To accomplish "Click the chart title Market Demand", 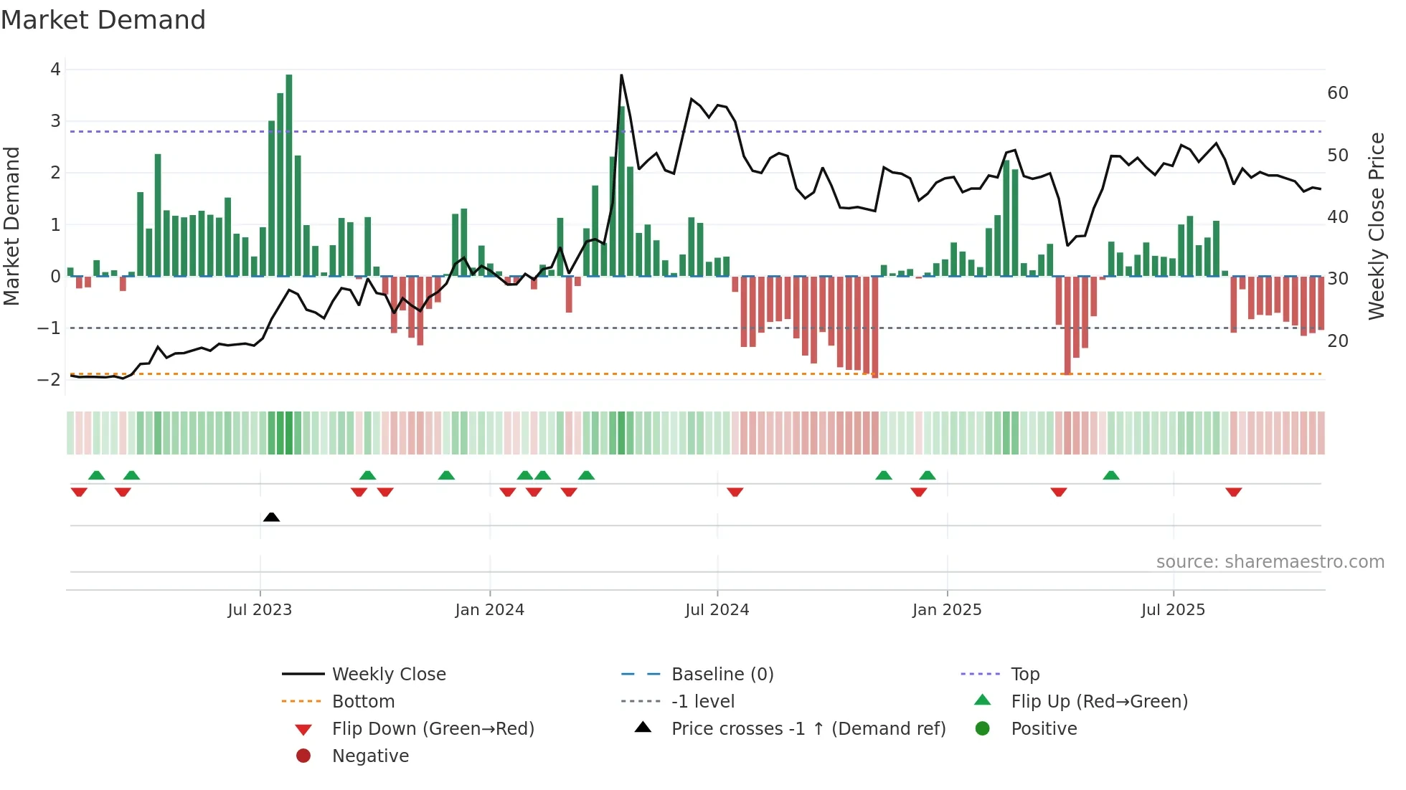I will point(103,20).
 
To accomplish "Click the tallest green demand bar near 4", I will point(289,172).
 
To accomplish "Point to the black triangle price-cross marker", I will point(271,517).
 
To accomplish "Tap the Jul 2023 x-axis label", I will point(260,610).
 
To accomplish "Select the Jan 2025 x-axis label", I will point(947,610).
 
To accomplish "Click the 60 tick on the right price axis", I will point(1338,93).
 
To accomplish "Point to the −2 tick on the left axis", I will point(49,379).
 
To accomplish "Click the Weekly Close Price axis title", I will point(1376,226).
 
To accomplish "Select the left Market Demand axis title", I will point(12,226).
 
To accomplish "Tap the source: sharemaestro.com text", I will point(1270,561).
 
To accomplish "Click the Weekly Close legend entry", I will point(389,674).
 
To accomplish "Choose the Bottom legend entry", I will point(363,701).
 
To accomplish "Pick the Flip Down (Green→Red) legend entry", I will point(433,728).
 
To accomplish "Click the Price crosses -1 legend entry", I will point(808,728).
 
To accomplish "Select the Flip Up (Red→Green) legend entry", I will point(1099,701).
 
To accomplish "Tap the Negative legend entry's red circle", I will point(303,756).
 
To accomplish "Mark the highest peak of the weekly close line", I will point(621,75).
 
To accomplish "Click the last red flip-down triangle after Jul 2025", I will point(1234,492).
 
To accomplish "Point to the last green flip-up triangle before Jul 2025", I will point(1111,475).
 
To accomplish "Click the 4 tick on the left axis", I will point(55,70).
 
